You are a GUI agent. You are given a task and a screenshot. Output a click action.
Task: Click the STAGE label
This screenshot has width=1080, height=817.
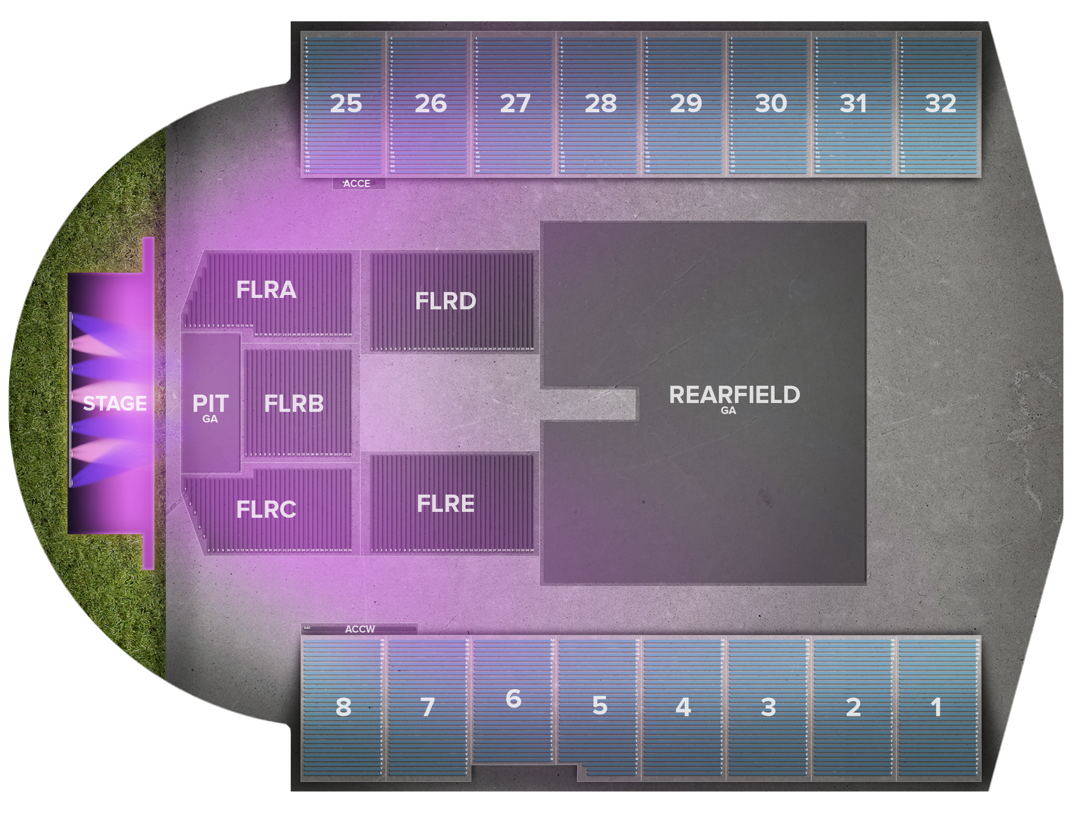click(x=115, y=403)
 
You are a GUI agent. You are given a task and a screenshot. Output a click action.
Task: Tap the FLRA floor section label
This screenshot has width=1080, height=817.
click(x=266, y=289)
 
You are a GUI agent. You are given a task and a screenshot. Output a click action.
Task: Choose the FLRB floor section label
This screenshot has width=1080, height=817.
click(x=294, y=403)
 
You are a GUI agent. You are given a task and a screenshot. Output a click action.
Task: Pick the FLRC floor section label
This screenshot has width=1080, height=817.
click(x=266, y=509)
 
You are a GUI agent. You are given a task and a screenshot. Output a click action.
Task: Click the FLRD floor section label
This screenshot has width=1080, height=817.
click(x=445, y=301)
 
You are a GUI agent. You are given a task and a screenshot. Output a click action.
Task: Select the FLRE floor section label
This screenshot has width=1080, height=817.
click(x=445, y=503)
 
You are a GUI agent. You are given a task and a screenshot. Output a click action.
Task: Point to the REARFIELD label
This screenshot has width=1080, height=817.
click(x=734, y=395)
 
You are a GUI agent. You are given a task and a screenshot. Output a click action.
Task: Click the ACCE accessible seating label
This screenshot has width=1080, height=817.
click(x=357, y=184)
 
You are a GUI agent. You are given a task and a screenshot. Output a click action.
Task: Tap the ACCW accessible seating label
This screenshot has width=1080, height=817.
click(x=360, y=629)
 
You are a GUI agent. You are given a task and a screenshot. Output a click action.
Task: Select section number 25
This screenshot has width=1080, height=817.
click(x=346, y=103)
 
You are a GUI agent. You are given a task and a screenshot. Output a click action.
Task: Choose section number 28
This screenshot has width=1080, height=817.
click(x=601, y=103)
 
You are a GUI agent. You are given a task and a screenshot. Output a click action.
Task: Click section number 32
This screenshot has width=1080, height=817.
click(x=940, y=103)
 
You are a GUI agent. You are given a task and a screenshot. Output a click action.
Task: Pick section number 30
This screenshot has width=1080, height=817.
click(x=771, y=103)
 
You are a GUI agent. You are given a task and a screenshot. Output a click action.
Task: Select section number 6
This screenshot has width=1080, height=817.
click(x=513, y=698)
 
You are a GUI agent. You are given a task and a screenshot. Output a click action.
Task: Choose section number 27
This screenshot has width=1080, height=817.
click(x=515, y=103)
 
